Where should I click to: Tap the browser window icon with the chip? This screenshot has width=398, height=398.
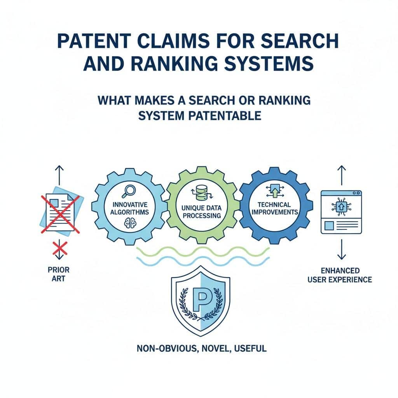point(341,212)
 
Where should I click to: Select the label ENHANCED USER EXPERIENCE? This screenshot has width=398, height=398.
point(341,274)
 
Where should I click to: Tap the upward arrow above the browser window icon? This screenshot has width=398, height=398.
point(342,175)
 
